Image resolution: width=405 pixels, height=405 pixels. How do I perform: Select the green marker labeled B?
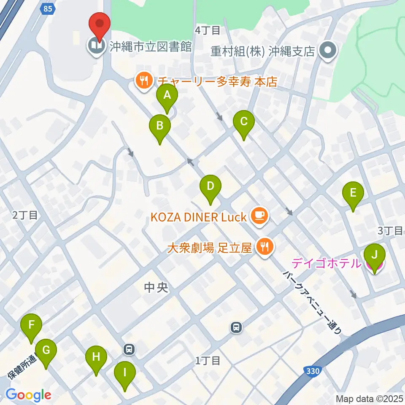(160, 127)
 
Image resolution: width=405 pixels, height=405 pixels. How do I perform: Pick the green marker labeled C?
(243, 123)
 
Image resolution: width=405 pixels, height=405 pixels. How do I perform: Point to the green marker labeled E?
(353, 194)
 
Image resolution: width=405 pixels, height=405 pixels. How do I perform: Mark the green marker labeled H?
(96, 359)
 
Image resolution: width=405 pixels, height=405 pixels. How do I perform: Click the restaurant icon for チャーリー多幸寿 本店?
(144, 81)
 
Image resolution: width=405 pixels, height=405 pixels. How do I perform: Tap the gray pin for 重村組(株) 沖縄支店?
(327, 51)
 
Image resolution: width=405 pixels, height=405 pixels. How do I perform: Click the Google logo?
(29, 395)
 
